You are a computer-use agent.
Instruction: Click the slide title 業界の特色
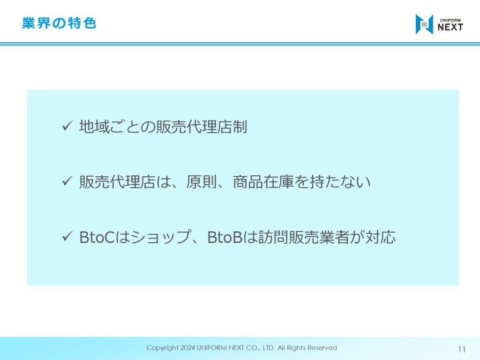[59, 23]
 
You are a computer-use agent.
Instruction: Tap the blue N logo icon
[424, 24]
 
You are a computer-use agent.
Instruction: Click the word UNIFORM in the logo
[450, 20]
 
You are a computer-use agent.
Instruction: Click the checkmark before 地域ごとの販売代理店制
[67, 126]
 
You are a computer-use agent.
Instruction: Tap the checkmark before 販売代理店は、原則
[67, 181]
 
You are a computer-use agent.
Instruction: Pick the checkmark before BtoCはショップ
[67, 236]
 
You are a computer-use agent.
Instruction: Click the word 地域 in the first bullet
[94, 127]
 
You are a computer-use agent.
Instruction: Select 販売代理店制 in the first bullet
[202, 127]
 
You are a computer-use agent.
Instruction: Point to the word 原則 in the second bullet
[202, 181]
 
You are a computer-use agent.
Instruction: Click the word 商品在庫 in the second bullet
[263, 181]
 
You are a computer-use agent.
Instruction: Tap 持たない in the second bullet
[340, 181]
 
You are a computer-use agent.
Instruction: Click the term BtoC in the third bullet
[97, 237]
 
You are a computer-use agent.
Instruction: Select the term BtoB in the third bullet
[225, 237]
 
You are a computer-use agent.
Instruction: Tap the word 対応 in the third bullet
[381, 237]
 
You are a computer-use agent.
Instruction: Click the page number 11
[462, 349]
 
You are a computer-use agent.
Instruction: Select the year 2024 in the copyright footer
[187, 348]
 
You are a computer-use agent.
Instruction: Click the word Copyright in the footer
[162, 348]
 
